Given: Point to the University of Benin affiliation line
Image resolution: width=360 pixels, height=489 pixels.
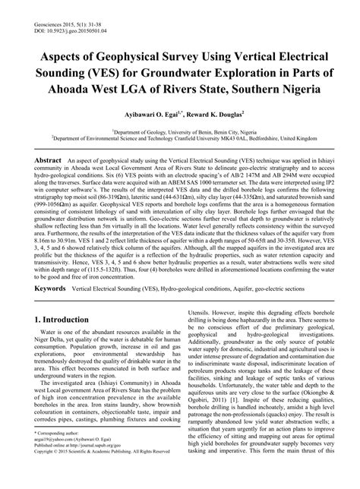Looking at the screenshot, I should tap(180, 131).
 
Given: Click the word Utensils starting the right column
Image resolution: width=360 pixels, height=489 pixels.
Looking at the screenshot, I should tap(201, 332).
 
